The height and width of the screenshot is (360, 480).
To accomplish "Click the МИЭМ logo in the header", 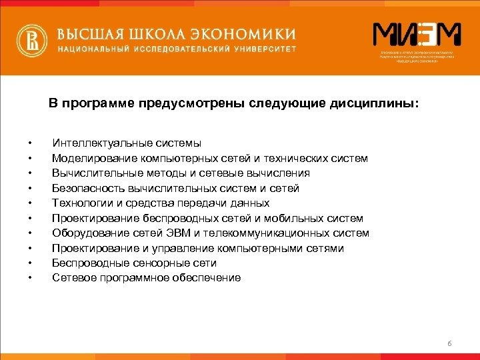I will tap(417, 36).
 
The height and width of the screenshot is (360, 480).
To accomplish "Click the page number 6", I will tap(449, 343).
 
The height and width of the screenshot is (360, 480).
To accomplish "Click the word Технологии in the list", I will tap(79, 203).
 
